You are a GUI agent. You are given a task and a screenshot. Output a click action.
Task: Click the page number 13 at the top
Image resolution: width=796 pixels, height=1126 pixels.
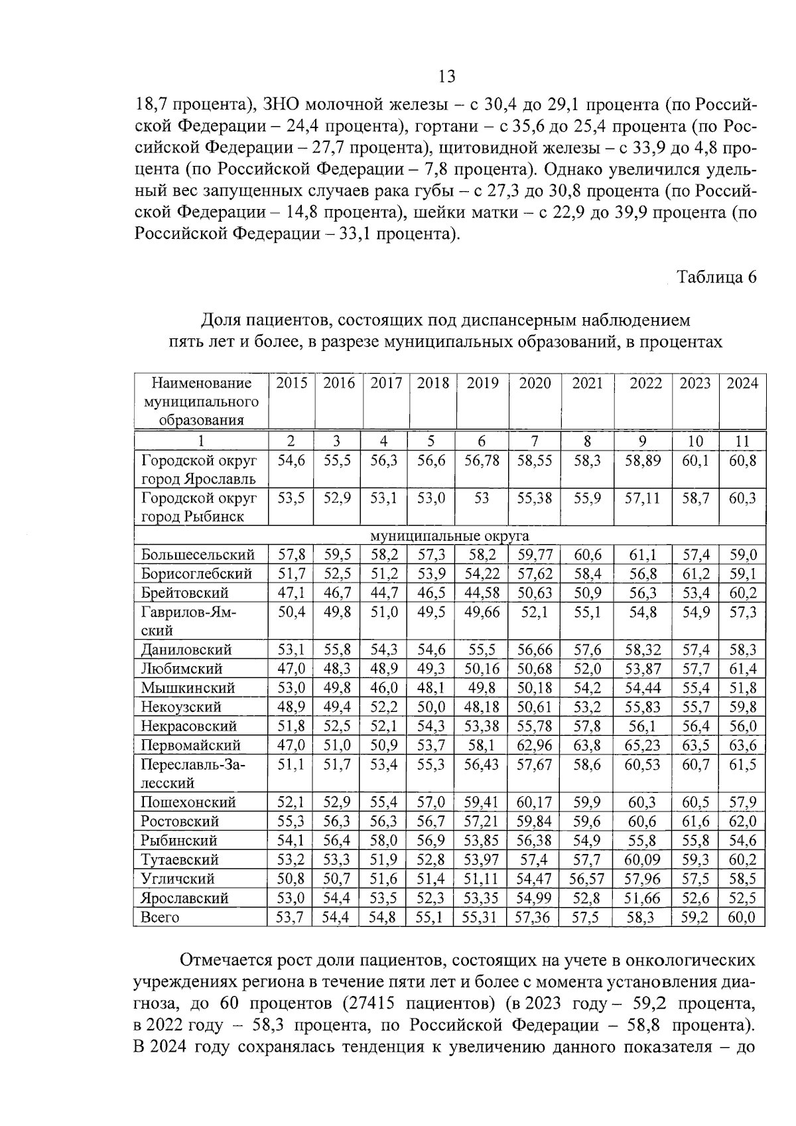point(447,76)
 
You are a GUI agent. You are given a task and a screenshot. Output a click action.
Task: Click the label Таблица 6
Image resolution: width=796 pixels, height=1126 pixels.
point(716,277)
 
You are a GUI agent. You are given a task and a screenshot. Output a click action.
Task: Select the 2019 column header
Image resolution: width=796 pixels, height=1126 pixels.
point(482,384)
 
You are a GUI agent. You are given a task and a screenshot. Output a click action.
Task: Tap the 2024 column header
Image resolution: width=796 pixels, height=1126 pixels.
point(742,384)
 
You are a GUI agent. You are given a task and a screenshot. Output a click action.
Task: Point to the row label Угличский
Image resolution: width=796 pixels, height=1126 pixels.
point(178,879)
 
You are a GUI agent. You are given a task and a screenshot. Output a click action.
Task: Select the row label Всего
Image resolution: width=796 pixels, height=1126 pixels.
point(160,918)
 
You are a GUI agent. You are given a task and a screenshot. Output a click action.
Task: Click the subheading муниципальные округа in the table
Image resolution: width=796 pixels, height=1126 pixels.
point(450,535)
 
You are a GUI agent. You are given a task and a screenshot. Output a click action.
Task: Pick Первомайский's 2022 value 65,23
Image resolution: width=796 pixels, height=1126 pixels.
point(643,745)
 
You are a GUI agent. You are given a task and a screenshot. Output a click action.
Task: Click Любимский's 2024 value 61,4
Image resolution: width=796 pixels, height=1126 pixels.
point(742,669)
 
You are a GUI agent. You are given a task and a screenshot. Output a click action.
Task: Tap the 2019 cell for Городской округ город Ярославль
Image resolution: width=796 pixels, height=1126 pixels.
point(482,460)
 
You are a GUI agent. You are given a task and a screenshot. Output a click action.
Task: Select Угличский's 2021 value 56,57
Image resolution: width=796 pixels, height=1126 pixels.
point(587,879)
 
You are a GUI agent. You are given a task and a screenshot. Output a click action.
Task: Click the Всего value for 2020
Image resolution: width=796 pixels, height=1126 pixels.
point(534,918)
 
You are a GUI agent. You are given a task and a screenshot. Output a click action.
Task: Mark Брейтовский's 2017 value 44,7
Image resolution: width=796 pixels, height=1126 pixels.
point(384,593)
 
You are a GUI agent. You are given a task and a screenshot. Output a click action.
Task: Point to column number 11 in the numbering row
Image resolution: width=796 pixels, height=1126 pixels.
point(742,441)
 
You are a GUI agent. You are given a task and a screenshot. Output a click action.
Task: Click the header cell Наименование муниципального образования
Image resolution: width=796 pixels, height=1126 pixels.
point(201,401)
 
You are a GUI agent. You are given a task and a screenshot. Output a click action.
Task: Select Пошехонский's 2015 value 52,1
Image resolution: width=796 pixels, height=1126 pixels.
point(291,803)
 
